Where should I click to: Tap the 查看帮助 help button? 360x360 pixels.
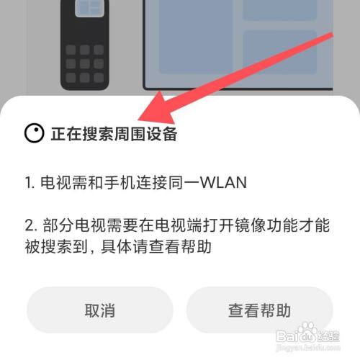coord(259,311)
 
